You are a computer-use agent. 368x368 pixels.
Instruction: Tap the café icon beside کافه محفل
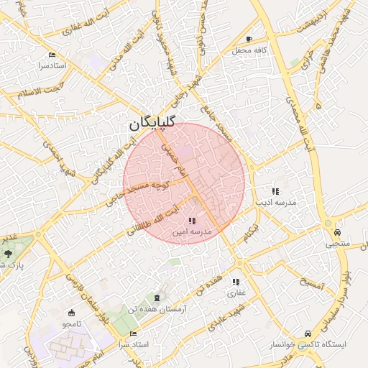249,39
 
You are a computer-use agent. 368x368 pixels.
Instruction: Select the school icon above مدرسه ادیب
275,191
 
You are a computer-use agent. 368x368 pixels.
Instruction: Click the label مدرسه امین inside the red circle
192,233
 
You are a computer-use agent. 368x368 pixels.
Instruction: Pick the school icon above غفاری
236,282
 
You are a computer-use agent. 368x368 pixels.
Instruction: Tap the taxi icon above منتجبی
337,232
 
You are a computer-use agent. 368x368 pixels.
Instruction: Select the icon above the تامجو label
70,313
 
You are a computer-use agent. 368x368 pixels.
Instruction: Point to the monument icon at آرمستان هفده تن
158,297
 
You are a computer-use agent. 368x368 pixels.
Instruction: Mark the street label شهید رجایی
195,100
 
